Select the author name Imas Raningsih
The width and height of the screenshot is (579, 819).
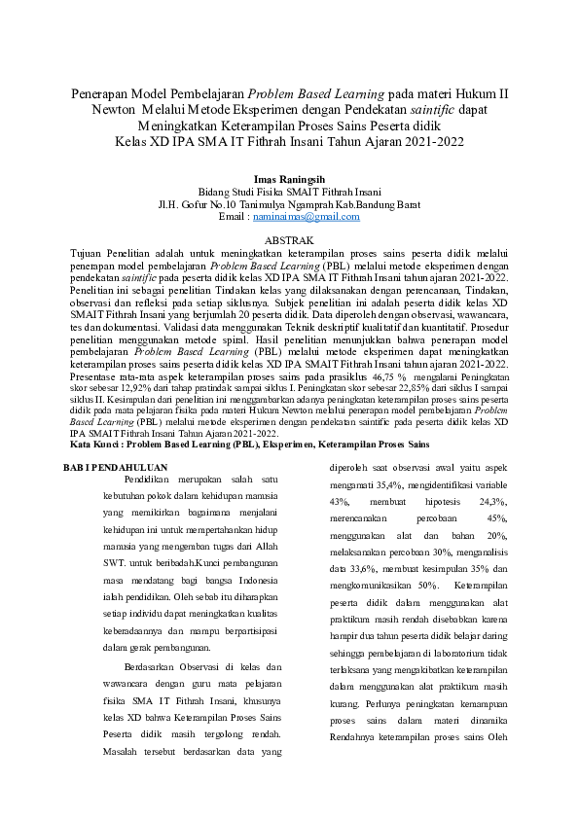(289, 180)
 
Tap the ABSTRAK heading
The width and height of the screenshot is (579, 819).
(289, 239)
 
